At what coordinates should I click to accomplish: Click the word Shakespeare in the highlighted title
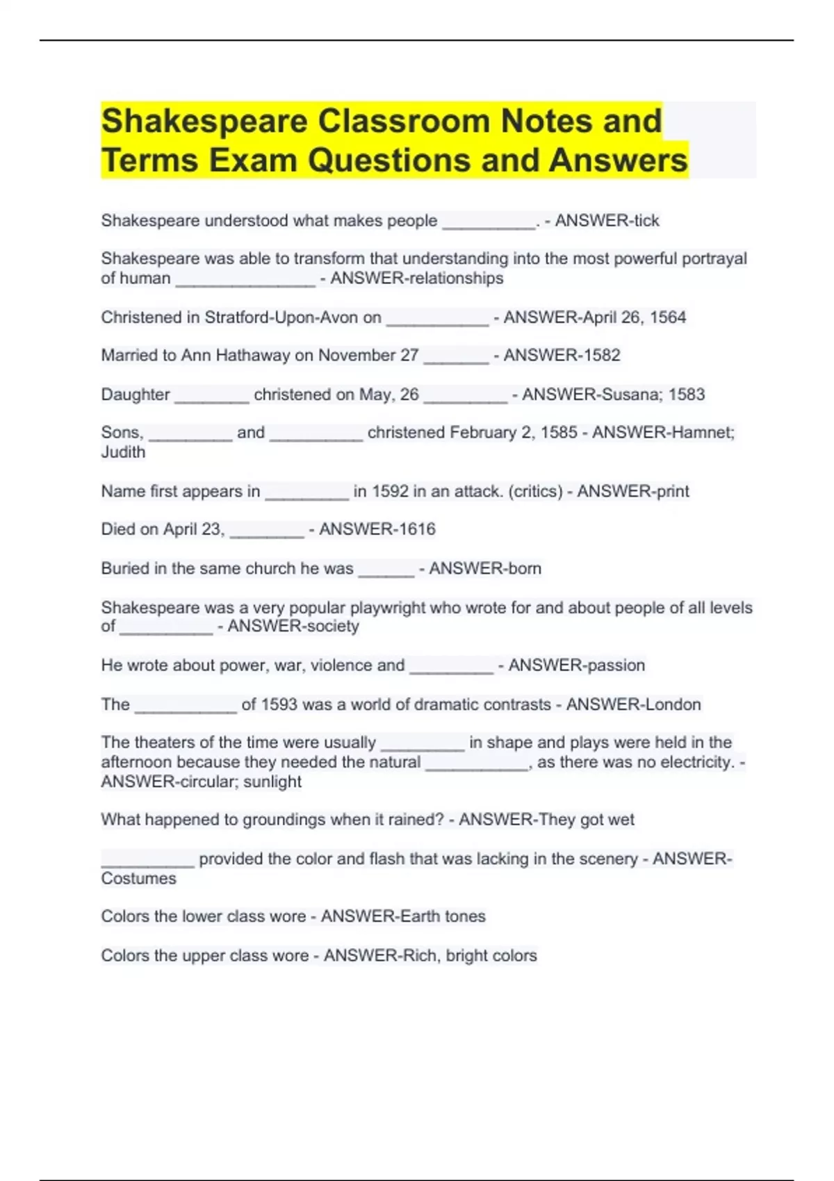pos(205,122)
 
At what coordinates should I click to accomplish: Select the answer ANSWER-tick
pos(607,221)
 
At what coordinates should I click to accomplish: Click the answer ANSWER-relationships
pos(416,279)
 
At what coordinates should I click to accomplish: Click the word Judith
pos(123,452)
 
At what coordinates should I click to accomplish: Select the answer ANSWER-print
pos(633,492)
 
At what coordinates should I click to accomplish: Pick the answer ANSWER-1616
pos(377,529)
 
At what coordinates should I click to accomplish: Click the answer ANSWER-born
pos(484,569)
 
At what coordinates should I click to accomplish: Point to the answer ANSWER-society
pos(293,627)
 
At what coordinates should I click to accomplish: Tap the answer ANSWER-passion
pos(576,666)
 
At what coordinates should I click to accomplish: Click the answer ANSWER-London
pos(633,704)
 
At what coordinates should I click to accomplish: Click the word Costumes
pos(138,879)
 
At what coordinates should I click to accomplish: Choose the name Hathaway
pos(253,356)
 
